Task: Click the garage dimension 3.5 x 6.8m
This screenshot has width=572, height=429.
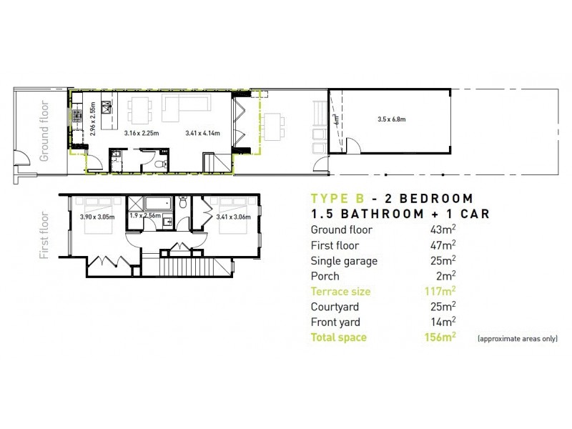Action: point(389,119)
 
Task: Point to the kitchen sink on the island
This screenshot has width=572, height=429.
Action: point(106,108)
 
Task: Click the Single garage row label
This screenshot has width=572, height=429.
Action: point(344,260)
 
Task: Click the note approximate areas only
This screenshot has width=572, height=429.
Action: point(516,338)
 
